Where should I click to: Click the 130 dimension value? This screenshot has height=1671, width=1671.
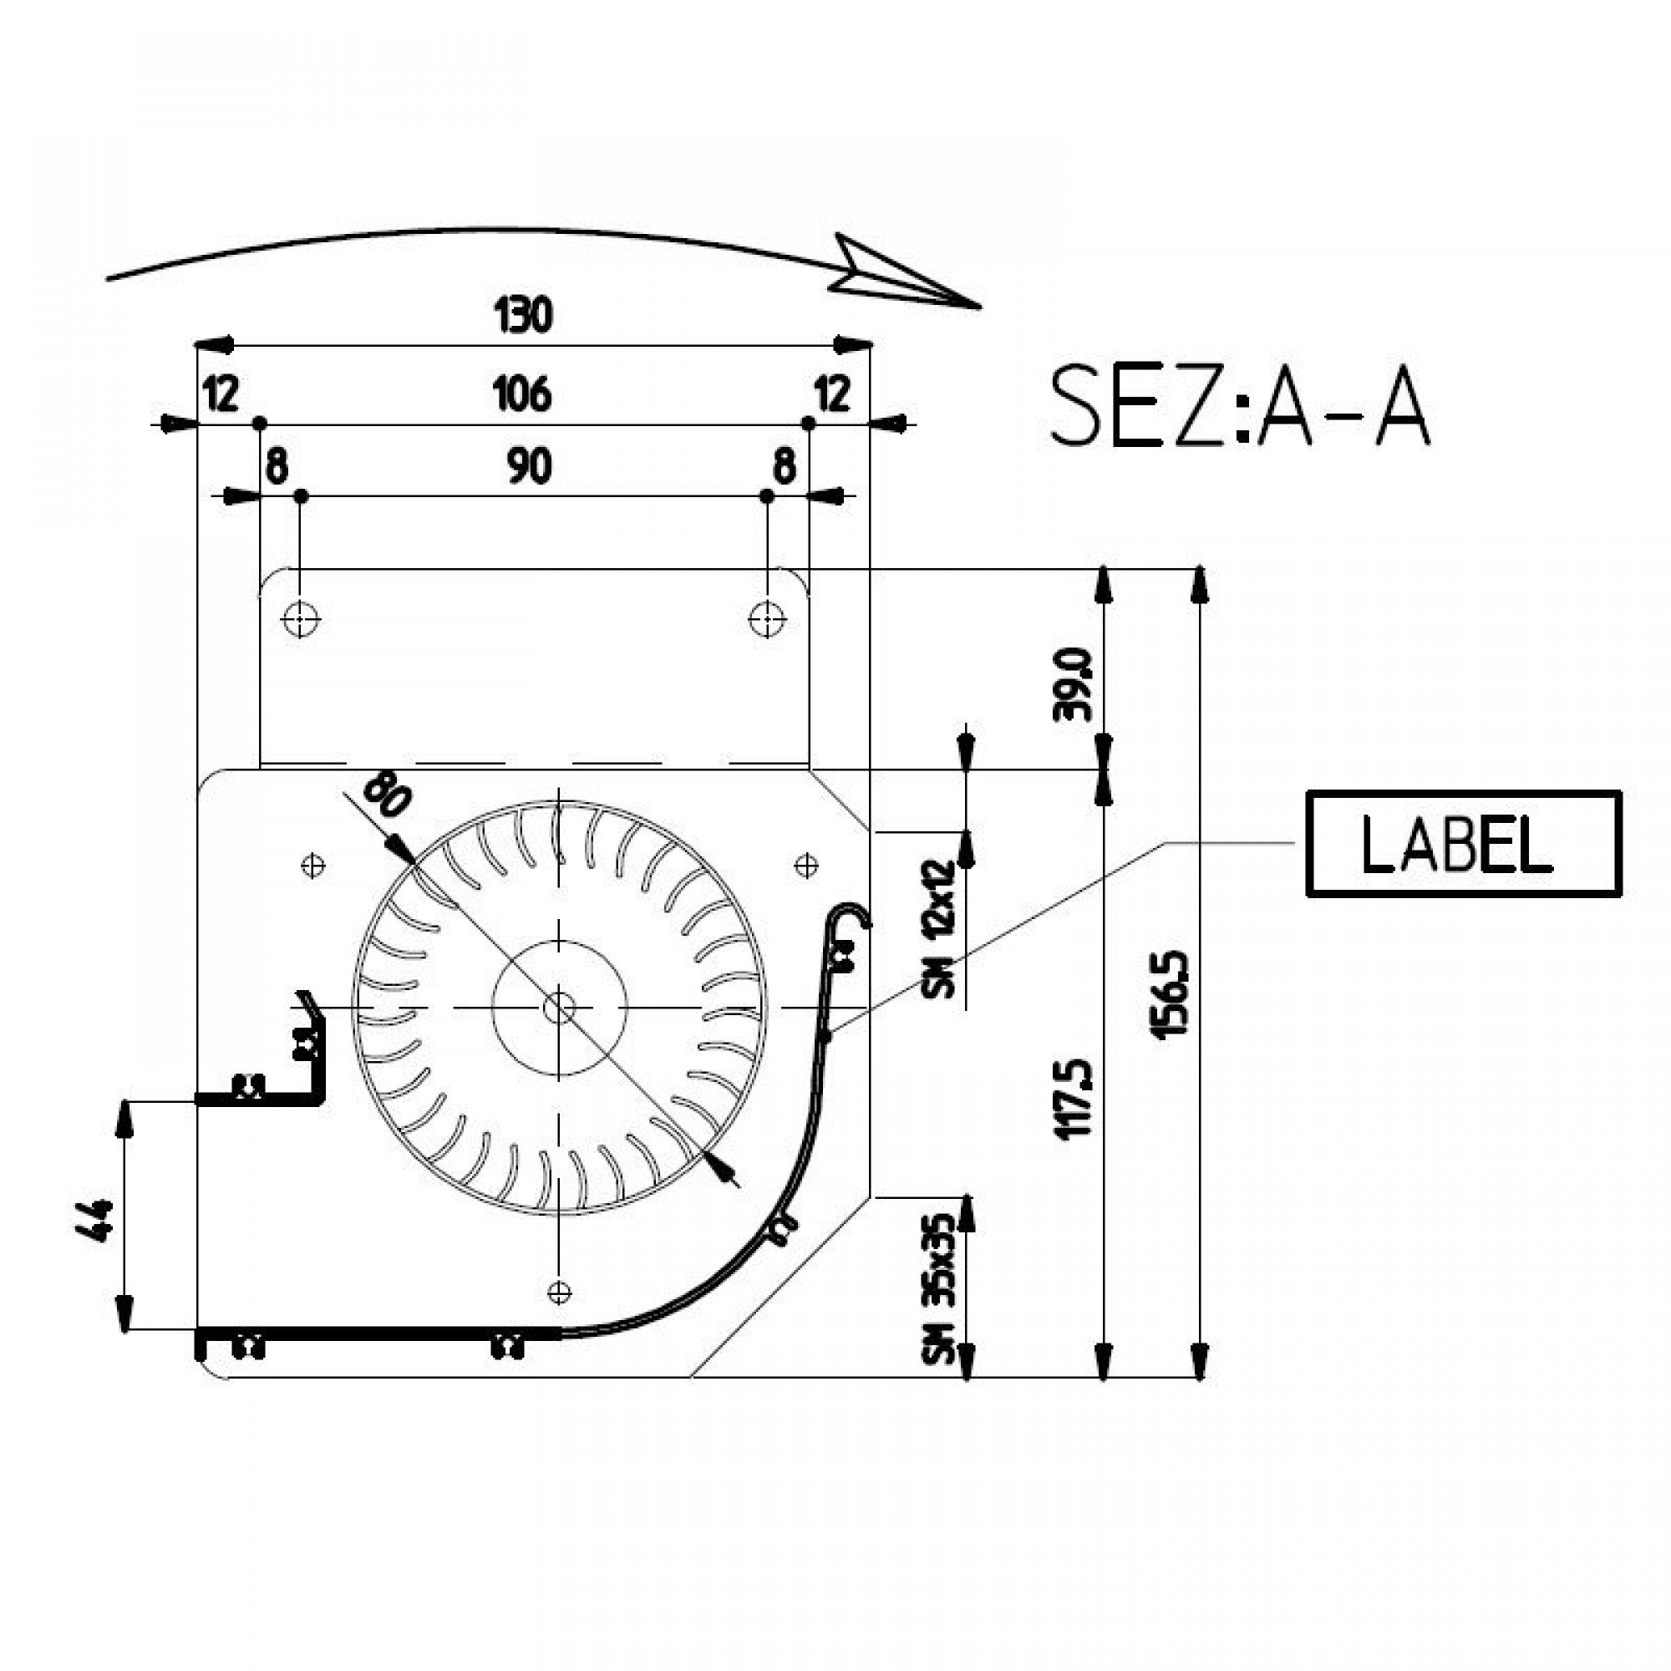pos(523,315)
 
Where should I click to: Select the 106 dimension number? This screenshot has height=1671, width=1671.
pos(522,394)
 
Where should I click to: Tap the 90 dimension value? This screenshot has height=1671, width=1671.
pos(529,467)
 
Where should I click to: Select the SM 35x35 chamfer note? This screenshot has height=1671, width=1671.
pos(939,1291)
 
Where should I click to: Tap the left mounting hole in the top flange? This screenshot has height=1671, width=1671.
pos(300,619)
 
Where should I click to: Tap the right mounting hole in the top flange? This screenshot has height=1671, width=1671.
pos(766,619)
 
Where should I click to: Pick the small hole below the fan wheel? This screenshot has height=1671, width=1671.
pos(560,1293)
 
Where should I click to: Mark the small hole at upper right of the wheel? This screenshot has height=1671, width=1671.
pos(806,864)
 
